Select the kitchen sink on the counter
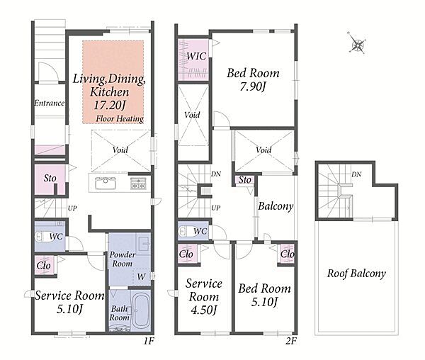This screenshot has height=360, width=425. click(x=106, y=183)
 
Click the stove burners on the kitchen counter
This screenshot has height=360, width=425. click(x=139, y=184)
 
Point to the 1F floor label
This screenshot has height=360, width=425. click(x=149, y=341)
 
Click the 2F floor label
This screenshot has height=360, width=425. click(x=291, y=341)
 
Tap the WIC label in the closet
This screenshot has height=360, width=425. click(x=196, y=56)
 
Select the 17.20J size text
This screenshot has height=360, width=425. click(x=110, y=105)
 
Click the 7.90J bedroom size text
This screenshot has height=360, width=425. click(x=252, y=86)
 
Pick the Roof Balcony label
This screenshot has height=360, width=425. click(x=356, y=274)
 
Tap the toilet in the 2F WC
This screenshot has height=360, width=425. click(x=186, y=231)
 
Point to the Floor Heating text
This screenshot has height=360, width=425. click(x=120, y=118)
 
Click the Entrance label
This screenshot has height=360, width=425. click(x=50, y=103)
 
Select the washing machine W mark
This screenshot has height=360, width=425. click(x=141, y=277)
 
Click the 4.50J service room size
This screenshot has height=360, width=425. click(x=204, y=310)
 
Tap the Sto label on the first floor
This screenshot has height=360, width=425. click(x=50, y=178)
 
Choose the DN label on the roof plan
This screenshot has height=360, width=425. click(x=356, y=174)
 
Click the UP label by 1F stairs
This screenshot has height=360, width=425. click(x=72, y=208)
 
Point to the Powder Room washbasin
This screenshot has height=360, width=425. click(x=143, y=243)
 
